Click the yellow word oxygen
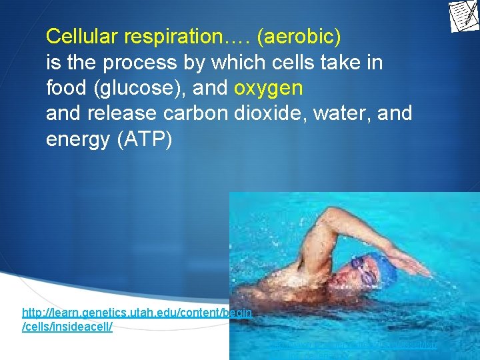[269, 88]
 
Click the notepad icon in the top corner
[463, 15]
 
